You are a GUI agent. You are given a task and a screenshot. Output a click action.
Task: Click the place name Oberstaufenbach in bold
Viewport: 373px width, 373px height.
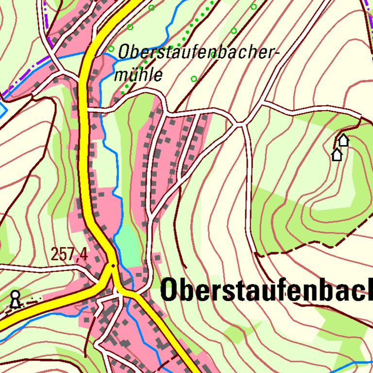pyautogui.click(x=266, y=290)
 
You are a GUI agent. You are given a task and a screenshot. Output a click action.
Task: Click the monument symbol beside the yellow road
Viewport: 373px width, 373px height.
pyautogui.click(x=16, y=299)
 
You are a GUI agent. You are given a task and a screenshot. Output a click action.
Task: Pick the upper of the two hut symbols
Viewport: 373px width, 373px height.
pyautogui.click(x=343, y=140)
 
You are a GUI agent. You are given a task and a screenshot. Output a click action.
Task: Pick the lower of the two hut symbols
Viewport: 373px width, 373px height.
pyautogui.click(x=337, y=155)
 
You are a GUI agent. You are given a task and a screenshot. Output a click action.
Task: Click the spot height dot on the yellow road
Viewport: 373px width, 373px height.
pyautogui.click(x=113, y=266)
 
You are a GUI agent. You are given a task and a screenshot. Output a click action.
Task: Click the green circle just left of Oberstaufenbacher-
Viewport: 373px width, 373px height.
pyautogui.click(x=111, y=49)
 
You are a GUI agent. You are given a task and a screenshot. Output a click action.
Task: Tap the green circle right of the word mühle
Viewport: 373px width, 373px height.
pyautogui.click(x=194, y=79)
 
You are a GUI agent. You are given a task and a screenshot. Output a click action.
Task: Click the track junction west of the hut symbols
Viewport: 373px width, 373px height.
pyautogui.click(x=241, y=125)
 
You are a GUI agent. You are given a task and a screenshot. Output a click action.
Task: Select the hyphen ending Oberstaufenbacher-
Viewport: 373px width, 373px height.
pyautogui.click(x=278, y=53)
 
